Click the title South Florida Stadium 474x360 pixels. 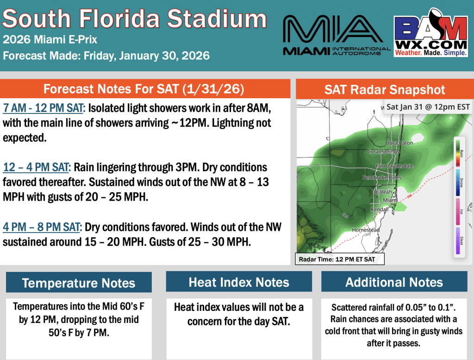click(135, 19)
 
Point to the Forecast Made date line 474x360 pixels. click(106, 56)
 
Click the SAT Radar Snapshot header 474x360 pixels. click(384, 89)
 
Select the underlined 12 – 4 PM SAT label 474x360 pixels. click(37, 167)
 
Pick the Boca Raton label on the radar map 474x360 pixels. click(399, 143)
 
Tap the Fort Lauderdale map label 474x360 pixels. click(394, 166)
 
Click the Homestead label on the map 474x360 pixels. click(366, 230)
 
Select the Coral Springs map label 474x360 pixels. click(383, 152)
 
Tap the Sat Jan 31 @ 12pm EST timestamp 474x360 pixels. click(428, 107)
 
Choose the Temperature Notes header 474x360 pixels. click(79, 283)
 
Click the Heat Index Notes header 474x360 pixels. click(239, 282)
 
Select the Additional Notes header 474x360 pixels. click(394, 282)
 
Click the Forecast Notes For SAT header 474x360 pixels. click(144, 88)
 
